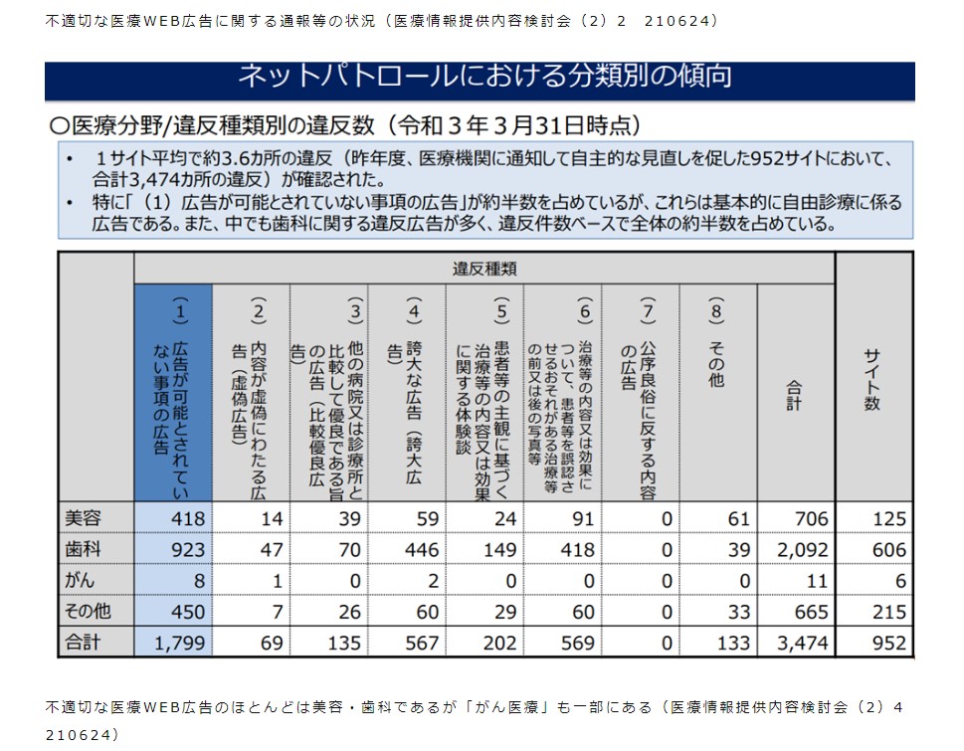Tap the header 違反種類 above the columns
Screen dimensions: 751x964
click(x=483, y=269)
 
